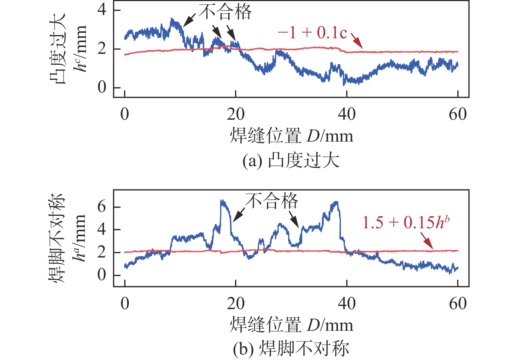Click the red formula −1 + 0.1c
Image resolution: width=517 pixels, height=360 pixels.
[x=312, y=33]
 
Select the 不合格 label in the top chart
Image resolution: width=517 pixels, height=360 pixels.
[x=225, y=12]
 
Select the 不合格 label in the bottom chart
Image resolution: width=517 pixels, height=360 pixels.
[x=271, y=201]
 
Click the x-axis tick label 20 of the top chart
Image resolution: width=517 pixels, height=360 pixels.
[x=236, y=114]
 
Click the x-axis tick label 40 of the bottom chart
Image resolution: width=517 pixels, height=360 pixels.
[x=347, y=304]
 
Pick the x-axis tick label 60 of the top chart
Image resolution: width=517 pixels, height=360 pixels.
[x=458, y=114]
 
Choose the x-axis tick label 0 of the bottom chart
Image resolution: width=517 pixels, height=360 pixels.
[x=125, y=304]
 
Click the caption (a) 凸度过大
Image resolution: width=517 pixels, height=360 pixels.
[x=291, y=160]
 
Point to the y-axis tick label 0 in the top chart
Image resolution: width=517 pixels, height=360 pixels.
[x=102, y=87]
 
